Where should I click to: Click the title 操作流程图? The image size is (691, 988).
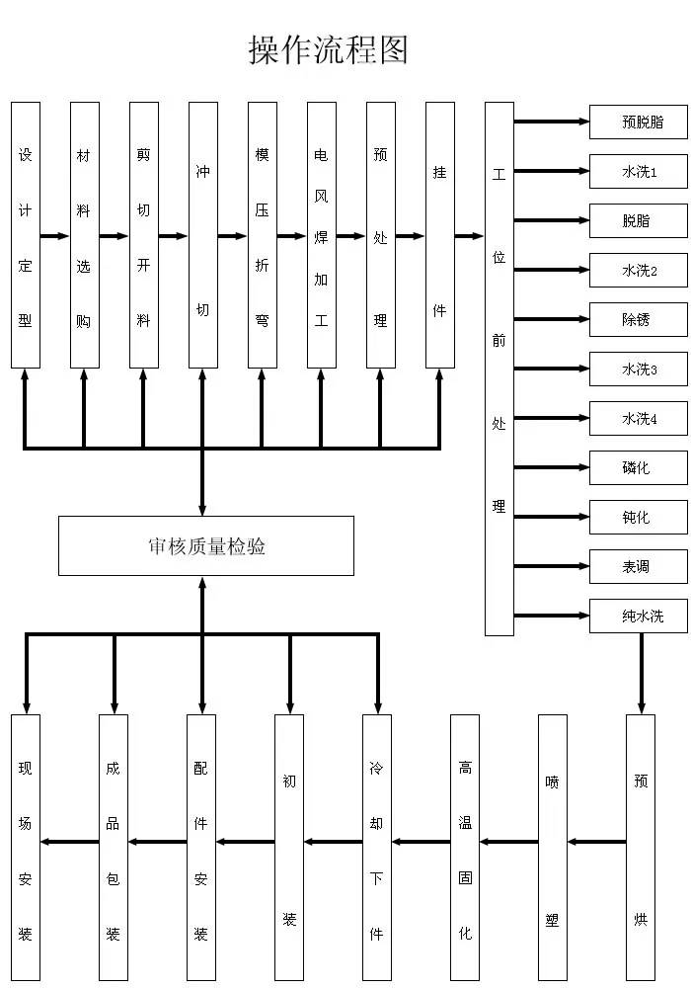coord(328,49)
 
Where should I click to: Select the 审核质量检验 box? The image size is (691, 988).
coord(205,545)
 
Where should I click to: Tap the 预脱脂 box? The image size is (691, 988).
coord(638,122)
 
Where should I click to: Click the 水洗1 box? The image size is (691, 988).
coord(638,171)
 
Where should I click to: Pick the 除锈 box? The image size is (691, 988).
coord(638,319)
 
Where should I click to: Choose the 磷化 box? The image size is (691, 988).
coord(638,467)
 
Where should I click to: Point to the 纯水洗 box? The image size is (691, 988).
coord(638,616)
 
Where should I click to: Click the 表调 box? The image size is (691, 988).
coord(638,566)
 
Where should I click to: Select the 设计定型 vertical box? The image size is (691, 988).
coord(26,235)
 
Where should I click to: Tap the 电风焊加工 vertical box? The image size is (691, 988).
coord(322,235)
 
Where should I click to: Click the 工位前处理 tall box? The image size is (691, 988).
coord(499,369)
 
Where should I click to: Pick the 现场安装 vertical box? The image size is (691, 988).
coord(26,848)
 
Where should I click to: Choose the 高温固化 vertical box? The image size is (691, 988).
coord(465,848)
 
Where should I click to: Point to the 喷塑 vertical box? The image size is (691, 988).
coord(553,848)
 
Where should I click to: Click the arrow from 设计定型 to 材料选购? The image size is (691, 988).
coord(54,236)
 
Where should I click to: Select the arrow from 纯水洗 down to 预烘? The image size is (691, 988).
coord(642,674)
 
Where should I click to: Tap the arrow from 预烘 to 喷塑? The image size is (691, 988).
coord(596,842)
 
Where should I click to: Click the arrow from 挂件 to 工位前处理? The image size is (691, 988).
coord(469,236)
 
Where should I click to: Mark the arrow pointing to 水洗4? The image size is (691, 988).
coord(551,418)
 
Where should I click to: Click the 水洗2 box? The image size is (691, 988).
coord(638,271)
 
